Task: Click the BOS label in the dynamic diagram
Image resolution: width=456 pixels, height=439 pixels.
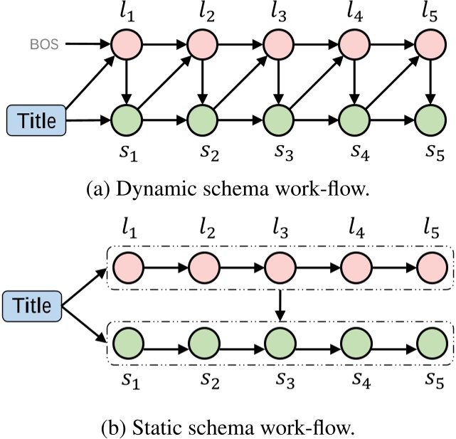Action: (46, 44)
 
